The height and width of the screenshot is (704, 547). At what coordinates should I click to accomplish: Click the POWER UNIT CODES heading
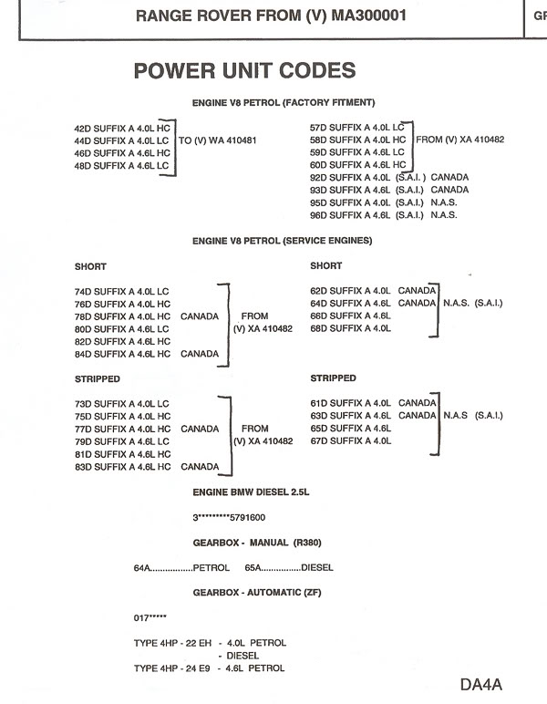(x=244, y=70)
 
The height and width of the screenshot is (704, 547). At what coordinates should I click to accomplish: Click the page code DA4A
(x=482, y=684)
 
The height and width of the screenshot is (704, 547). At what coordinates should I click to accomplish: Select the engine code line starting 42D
(x=122, y=129)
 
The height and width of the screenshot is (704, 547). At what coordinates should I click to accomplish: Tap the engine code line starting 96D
(x=383, y=215)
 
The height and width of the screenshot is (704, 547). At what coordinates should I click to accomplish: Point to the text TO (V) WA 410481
(x=218, y=141)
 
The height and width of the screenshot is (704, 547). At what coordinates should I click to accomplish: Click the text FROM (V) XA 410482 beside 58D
(x=459, y=140)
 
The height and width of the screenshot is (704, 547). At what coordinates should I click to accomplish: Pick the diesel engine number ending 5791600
(x=229, y=517)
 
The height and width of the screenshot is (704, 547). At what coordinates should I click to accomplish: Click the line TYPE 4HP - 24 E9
(x=209, y=668)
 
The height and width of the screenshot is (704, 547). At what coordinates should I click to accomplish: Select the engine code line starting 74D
(x=122, y=291)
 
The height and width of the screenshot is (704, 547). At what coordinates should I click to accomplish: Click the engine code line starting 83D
(x=148, y=467)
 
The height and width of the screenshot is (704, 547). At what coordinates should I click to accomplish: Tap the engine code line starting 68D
(x=351, y=328)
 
